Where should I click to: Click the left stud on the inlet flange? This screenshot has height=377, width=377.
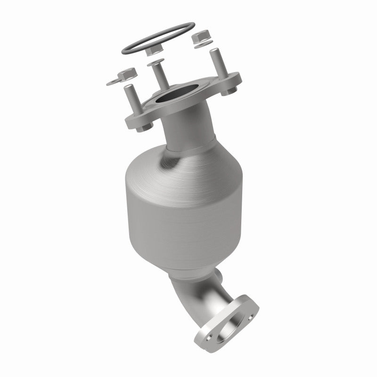(x=130, y=97)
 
